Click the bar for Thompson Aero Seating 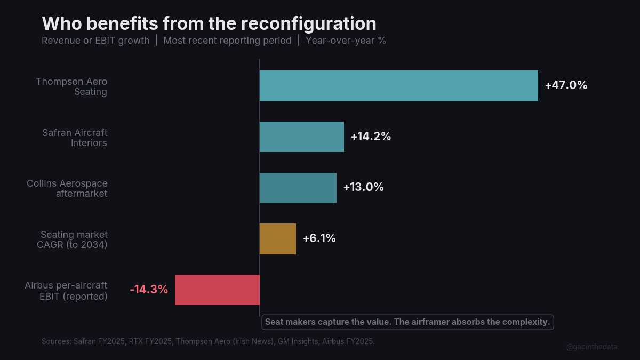pos(398,86)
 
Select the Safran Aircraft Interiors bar pos(301,137)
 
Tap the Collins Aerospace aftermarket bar pos(298,188)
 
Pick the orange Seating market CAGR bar pos(277,239)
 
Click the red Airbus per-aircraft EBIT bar pos(217,290)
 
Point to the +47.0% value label pos(566,85)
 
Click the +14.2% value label pos(371,137)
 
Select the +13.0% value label pos(363,188)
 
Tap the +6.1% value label pos(319,239)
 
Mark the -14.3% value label pos(149,290)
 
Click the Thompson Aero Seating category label pos(71,86)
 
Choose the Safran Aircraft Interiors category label pos(75,138)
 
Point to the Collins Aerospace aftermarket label pos(67,188)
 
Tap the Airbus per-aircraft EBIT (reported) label pos(66,291)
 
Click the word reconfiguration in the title pos(308,24)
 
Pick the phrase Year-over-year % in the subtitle pos(346,41)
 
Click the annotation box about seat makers pos(407,322)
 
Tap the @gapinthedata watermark pos(591,347)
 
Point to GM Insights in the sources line pos(298,341)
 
